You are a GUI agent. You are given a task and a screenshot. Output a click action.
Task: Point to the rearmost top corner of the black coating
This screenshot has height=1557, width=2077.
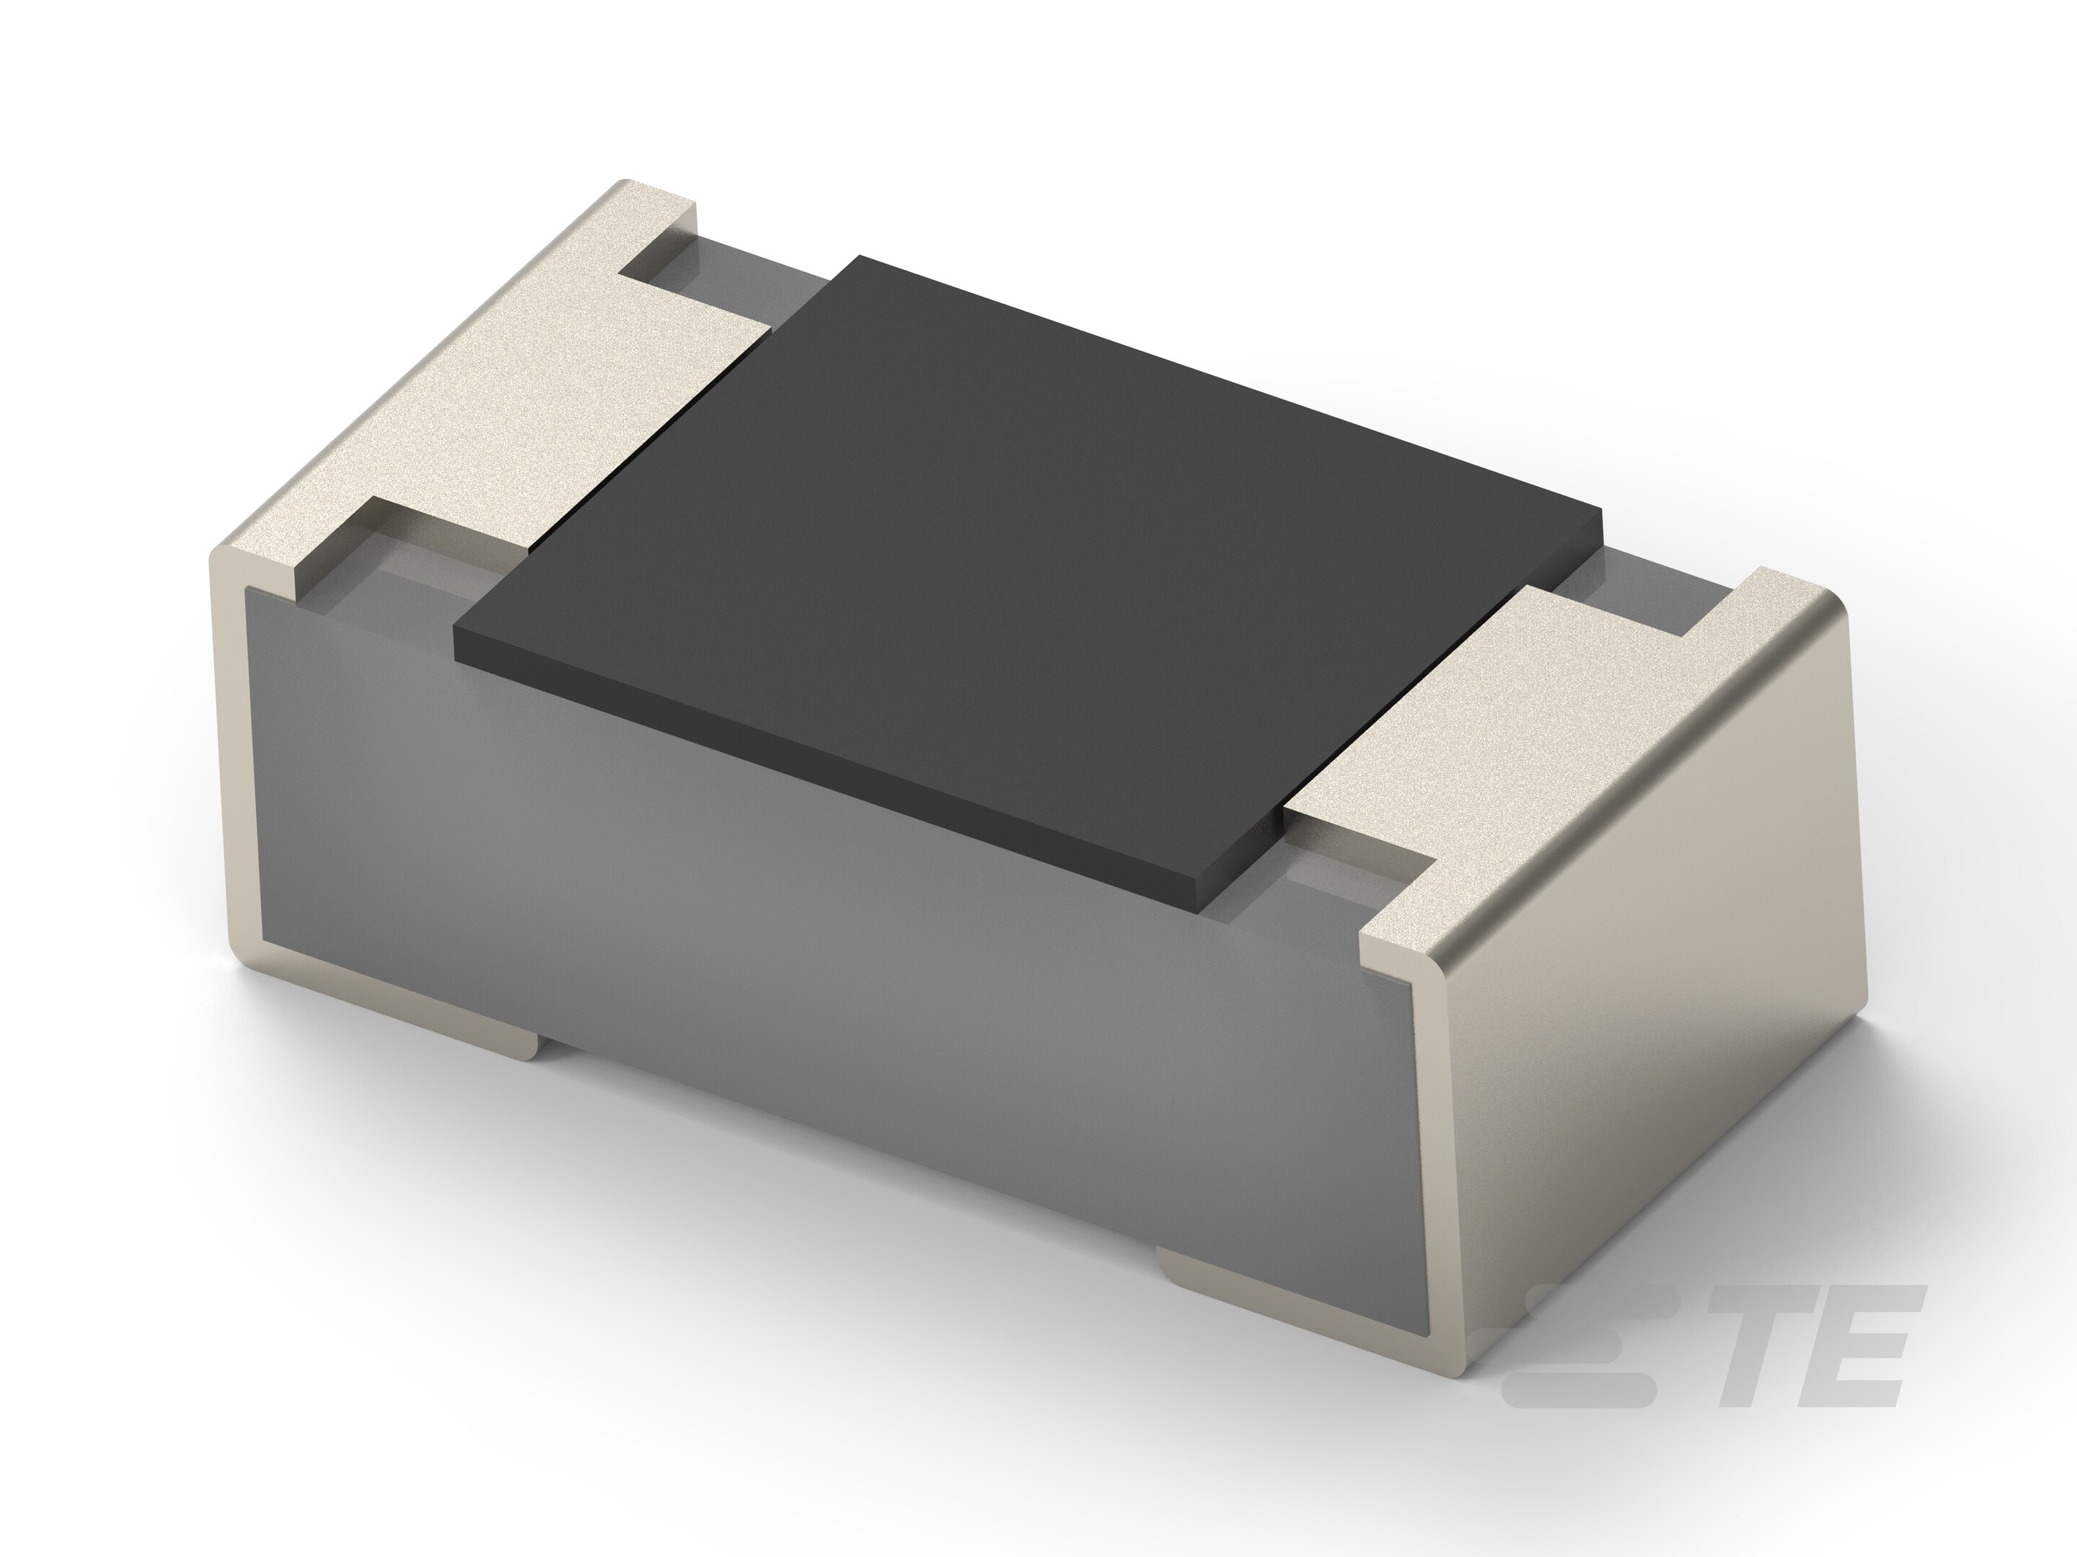[x=859, y=257]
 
